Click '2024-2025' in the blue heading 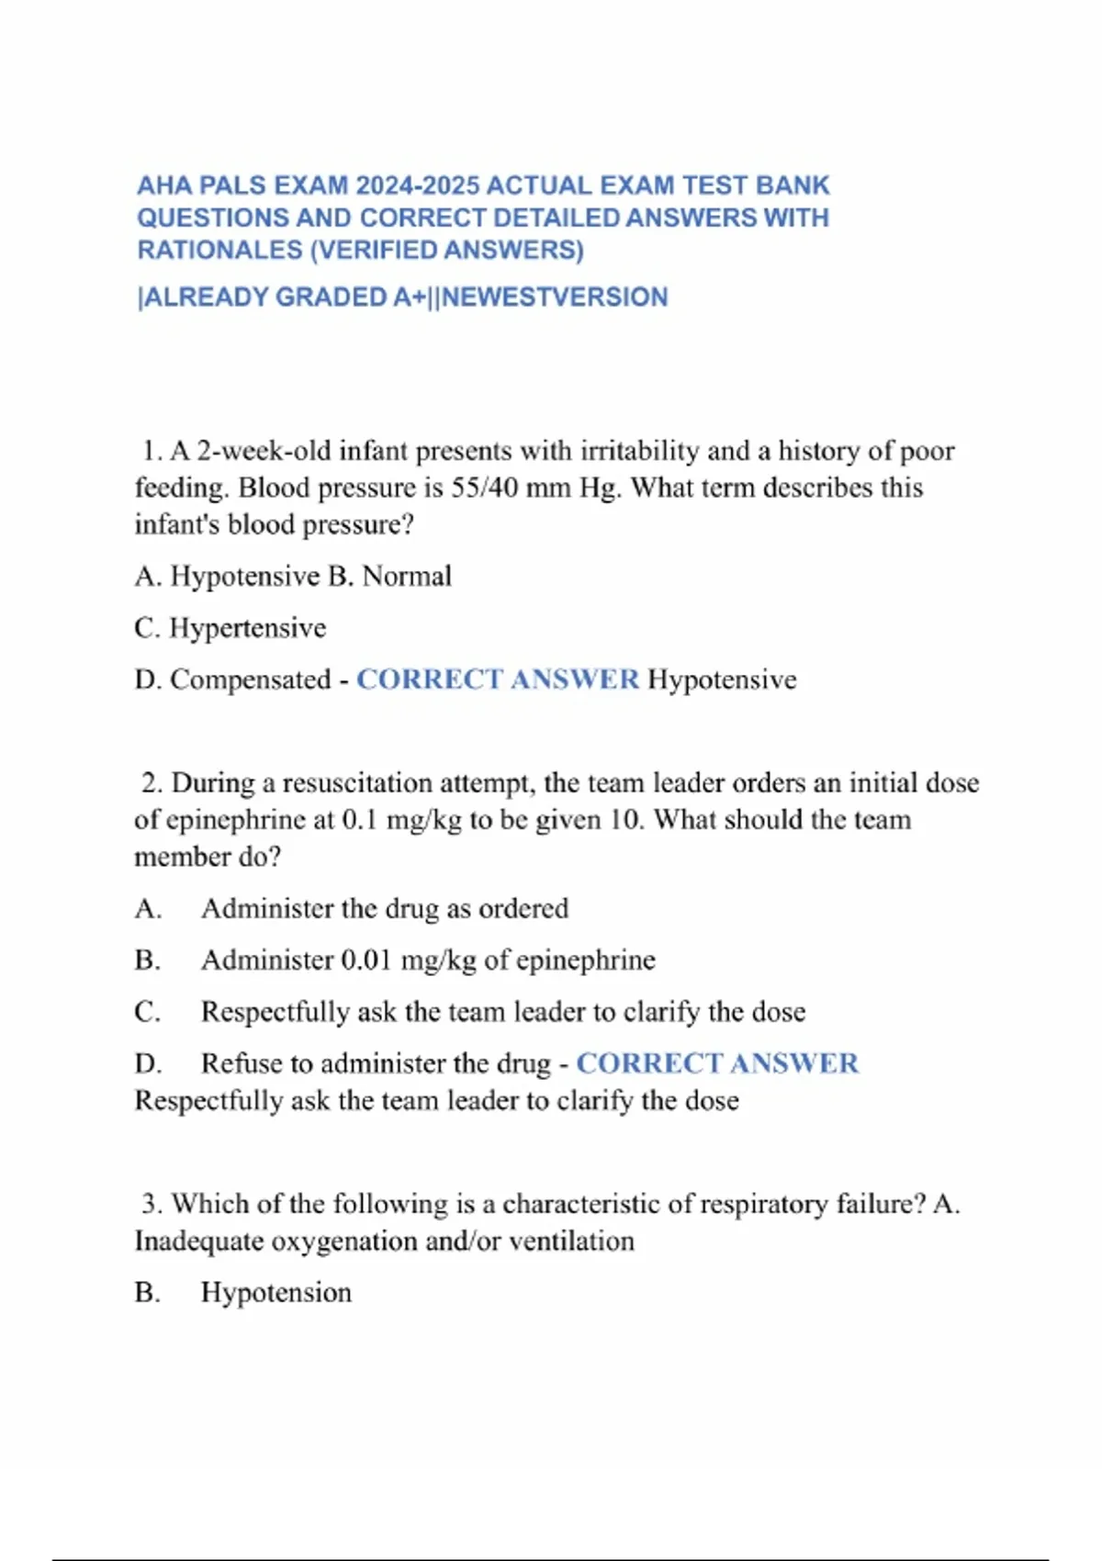point(418,185)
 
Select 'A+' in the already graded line point(410,298)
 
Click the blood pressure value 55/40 point(485,488)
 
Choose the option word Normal point(407,577)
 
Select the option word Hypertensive point(248,628)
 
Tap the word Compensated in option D point(251,679)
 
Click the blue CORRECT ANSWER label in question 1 point(497,679)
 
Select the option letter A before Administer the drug point(147,909)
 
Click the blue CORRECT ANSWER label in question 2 point(717,1063)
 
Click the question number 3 point(152,1204)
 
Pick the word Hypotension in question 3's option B point(276,1293)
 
